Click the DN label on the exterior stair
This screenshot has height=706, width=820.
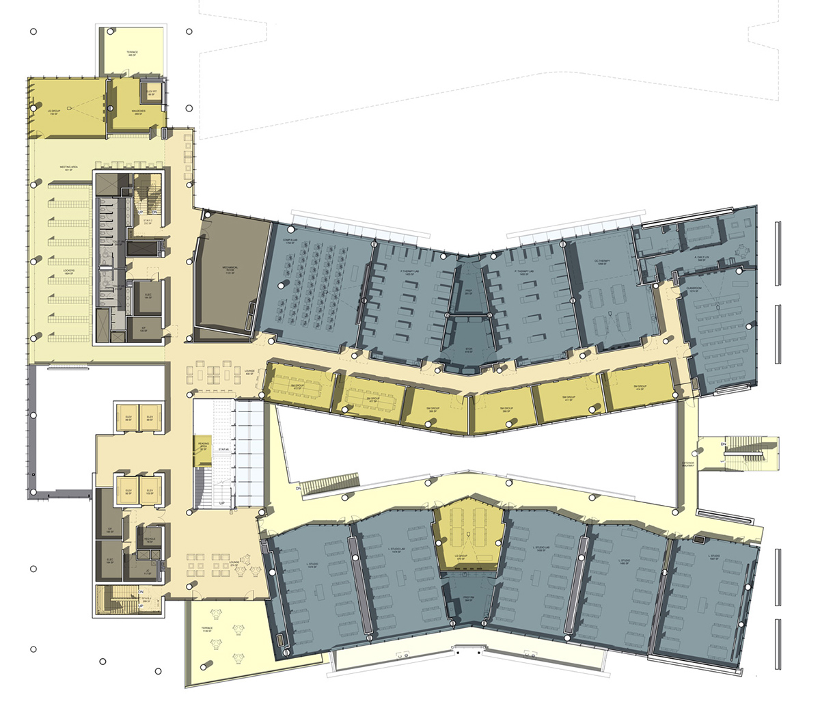[723, 444]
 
